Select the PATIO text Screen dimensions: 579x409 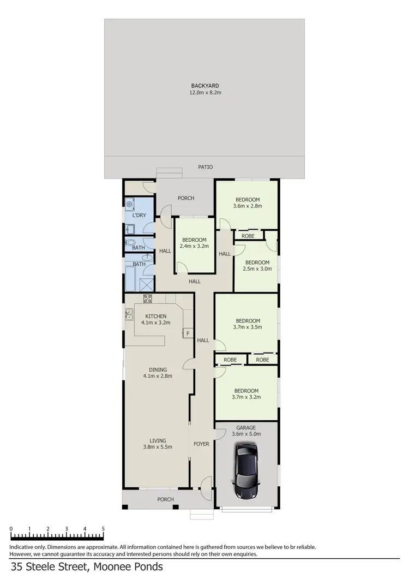tap(206, 167)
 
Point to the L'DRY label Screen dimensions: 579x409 tap(139, 216)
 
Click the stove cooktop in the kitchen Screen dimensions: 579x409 tap(147, 298)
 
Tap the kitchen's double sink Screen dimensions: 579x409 tap(129, 314)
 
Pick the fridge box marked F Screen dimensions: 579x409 tap(188, 333)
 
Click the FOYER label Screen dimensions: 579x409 tap(201, 444)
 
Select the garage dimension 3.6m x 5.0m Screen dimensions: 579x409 tap(246, 434)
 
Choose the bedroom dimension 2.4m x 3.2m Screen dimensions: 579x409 tap(194, 247)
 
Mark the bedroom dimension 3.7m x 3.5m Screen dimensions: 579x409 tap(248, 327)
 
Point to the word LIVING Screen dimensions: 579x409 tap(158, 440)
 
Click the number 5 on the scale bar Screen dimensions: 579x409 tap(103, 529)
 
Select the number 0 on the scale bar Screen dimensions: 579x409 tap(11, 529)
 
